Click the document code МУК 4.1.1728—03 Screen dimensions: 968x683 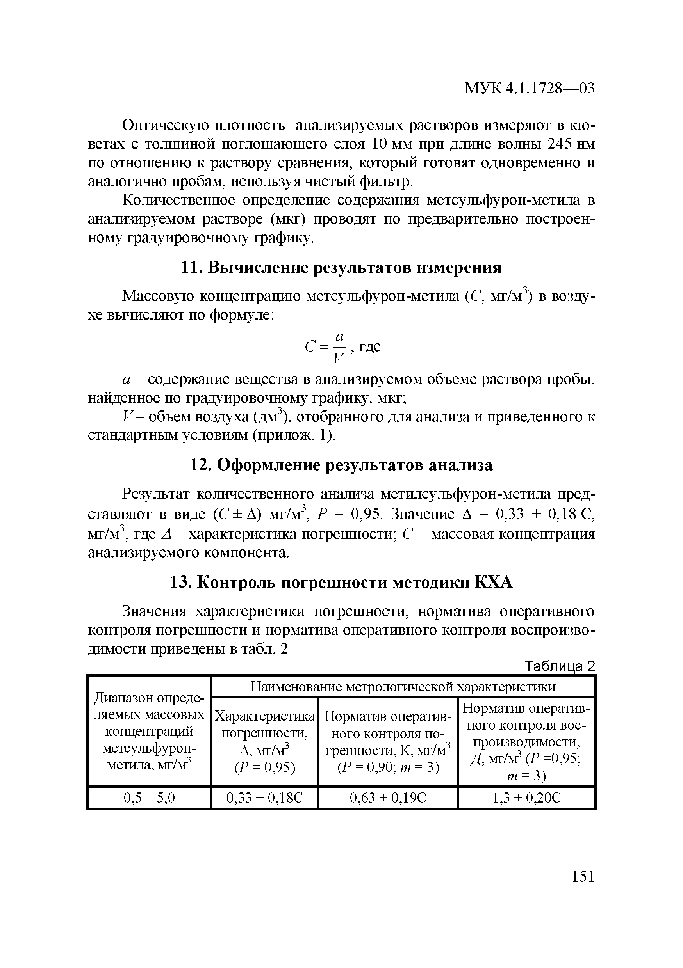pos(529,88)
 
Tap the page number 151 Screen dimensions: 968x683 pos(583,876)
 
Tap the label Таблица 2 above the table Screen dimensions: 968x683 pos(559,666)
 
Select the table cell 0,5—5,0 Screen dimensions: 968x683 pos(149,797)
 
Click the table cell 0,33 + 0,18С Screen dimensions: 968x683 pos(264,797)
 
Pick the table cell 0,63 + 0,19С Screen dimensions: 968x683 pos(388,797)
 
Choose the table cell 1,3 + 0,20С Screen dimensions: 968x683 pos(526,797)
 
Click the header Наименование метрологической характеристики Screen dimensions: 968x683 pos(403,687)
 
